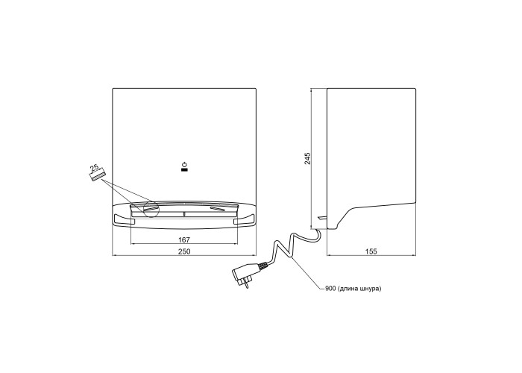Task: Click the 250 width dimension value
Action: pos(184,251)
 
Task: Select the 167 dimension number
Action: pos(184,239)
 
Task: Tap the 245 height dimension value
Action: pos(307,158)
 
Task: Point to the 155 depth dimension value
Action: pos(371,251)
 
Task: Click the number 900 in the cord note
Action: pos(330,289)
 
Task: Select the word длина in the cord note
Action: pos(348,289)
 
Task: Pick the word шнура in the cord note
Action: pos(370,289)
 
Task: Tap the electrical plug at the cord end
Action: pos(245,274)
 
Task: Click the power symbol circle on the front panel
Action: pos(184,165)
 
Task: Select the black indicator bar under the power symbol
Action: pos(184,170)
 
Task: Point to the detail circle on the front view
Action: pos(151,209)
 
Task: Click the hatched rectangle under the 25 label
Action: pos(98,175)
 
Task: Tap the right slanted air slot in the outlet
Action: pos(218,208)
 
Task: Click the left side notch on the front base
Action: pos(125,221)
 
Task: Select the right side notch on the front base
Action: pos(244,221)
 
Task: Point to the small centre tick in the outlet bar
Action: pos(184,214)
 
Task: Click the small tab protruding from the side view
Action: pos(322,218)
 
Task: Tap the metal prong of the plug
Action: pos(246,285)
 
